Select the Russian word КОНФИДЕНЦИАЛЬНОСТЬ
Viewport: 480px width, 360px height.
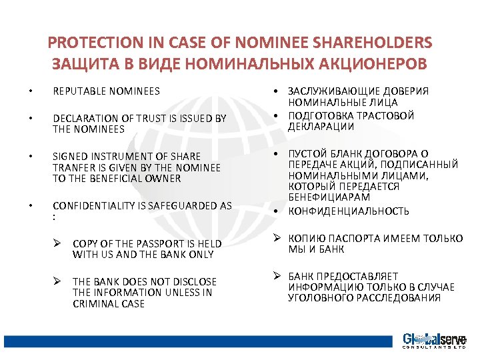(349, 211)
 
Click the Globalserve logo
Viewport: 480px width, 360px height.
(433, 340)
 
